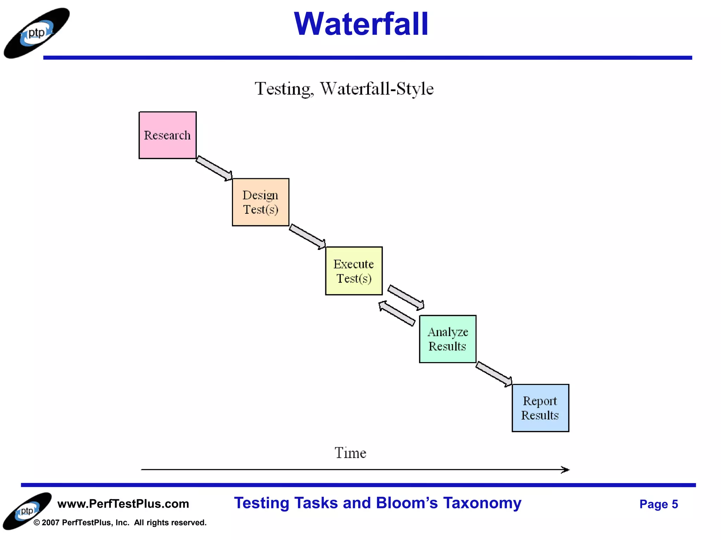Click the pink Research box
(168, 135)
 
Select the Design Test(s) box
(261, 202)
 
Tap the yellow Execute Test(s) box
(354, 271)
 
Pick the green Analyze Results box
(447, 339)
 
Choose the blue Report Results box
(540, 408)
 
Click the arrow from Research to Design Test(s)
(214, 168)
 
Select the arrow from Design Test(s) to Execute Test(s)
(307, 237)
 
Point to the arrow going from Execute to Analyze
(406, 297)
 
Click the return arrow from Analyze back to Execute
(397, 313)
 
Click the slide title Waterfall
(361, 24)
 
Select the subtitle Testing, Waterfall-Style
(344, 89)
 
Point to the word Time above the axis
(350, 453)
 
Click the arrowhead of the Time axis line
(565, 470)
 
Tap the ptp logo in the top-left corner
(37, 33)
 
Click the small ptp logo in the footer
(27, 511)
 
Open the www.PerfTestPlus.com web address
(123, 504)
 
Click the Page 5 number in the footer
(658, 504)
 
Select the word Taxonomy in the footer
(482, 503)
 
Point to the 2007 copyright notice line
(120, 523)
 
